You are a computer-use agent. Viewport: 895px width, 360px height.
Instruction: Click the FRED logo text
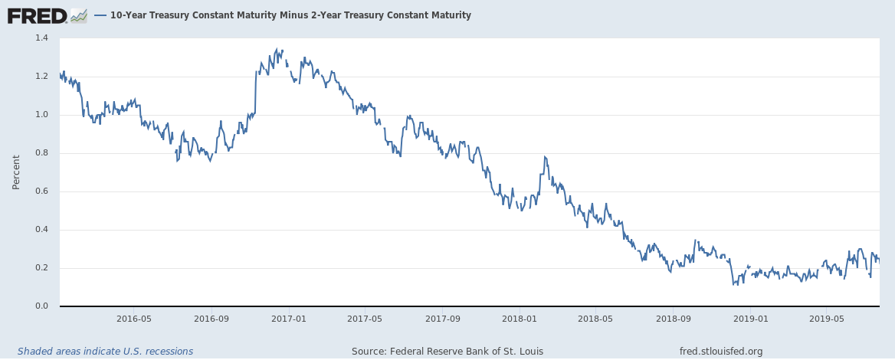pyautogui.click(x=37, y=15)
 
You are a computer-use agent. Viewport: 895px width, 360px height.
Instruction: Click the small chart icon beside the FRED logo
pyautogui.click(x=78, y=15)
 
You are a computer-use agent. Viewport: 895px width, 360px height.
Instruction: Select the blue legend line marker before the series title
pyautogui.click(x=100, y=15)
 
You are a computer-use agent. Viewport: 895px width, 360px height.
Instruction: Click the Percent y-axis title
pyautogui.click(x=16, y=172)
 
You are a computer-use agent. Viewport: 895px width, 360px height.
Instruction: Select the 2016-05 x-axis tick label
pyautogui.click(x=134, y=319)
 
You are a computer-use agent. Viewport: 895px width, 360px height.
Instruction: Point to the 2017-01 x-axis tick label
pyautogui.click(x=289, y=319)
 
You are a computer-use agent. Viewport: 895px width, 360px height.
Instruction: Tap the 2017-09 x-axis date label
pyautogui.click(x=442, y=319)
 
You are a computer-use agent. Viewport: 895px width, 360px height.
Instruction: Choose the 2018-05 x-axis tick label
pyautogui.click(x=596, y=319)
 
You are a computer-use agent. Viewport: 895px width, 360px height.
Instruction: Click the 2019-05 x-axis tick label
pyautogui.click(x=826, y=319)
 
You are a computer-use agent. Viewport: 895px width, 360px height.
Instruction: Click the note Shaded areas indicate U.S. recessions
pyautogui.click(x=105, y=352)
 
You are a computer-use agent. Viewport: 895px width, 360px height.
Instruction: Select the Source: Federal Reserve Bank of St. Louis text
pyautogui.click(x=447, y=352)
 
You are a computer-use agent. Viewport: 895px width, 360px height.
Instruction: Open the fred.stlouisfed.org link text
pyautogui.click(x=721, y=352)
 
